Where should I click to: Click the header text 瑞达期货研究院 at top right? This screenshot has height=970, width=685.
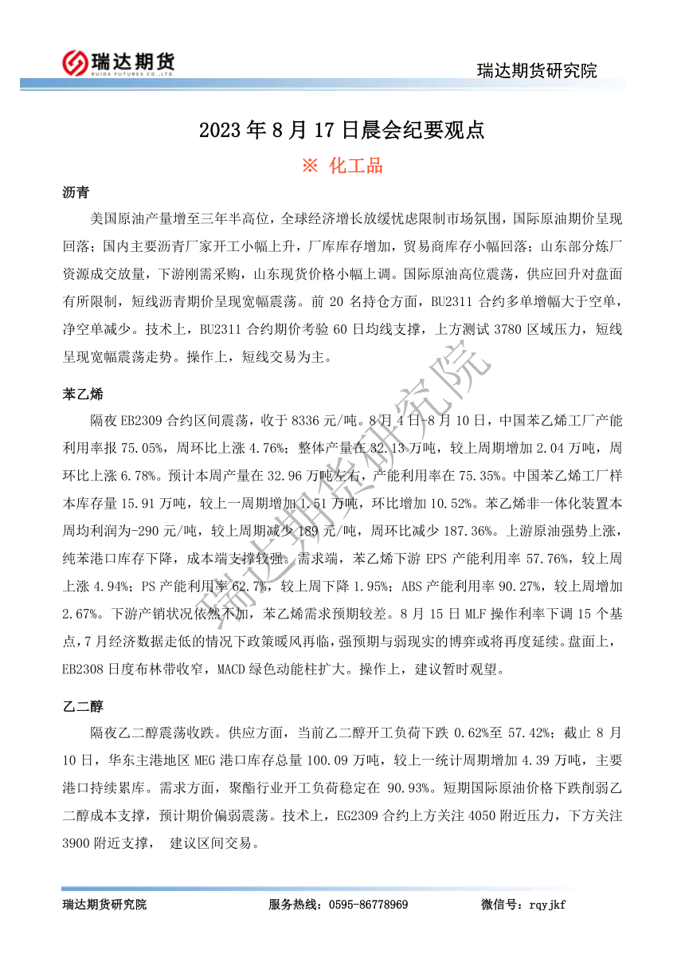pyautogui.click(x=536, y=71)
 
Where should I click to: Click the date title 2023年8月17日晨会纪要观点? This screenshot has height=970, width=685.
pyautogui.click(x=342, y=130)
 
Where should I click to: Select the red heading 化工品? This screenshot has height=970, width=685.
pyautogui.click(x=354, y=166)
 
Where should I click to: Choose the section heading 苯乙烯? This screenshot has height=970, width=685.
pyautogui.click(x=82, y=394)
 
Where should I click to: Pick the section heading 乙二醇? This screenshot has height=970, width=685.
pyautogui.click(x=82, y=706)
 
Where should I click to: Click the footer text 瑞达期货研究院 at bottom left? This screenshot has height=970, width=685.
pyautogui.click(x=104, y=904)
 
